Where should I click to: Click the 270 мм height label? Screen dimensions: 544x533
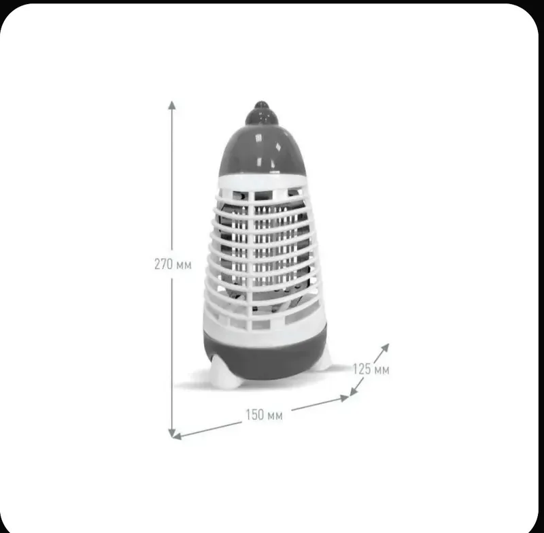(173, 265)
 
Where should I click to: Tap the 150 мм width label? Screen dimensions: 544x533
(264, 415)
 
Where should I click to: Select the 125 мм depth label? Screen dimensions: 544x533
(371, 369)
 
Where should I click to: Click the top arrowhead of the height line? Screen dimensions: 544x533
(172, 105)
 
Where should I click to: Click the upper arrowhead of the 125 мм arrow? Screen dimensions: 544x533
(385, 348)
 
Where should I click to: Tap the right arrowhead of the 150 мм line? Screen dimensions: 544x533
(345, 398)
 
